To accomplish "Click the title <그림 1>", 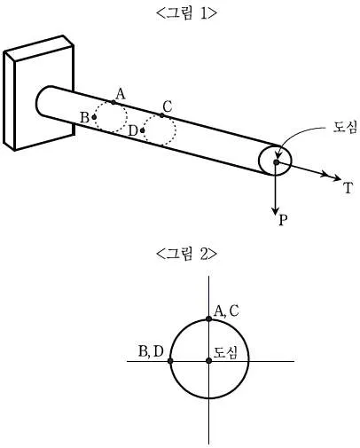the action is (x=186, y=13).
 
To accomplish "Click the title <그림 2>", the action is (x=186, y=254).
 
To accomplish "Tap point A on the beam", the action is (x=113, y=102).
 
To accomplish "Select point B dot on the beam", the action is (x=94, y=117).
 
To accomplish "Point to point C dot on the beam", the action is (x=161, y=115).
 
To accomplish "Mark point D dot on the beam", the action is (x=143, y=130).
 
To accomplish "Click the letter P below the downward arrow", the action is (x=283, y=220).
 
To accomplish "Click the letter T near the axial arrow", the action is (x=348, y=188).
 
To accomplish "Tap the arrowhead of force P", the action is (x=276, y=211).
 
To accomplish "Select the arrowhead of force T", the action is (x=336, y=178).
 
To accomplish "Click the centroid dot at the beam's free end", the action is (x=276, y=162).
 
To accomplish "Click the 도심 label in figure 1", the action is (x=345, y=127).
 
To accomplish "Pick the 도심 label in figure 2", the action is (x=225, y=352).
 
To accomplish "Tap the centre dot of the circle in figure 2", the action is (x=209, y=361).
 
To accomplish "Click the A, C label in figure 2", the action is (x=226, y=311).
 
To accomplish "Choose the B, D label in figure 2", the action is (x=151, y=351).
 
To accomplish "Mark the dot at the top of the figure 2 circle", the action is (x=208, y=318).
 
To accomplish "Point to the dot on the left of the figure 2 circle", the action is (x=170, y=361).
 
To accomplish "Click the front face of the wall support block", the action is (x=44, y=98).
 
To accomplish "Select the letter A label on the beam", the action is (x=121, y=94).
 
